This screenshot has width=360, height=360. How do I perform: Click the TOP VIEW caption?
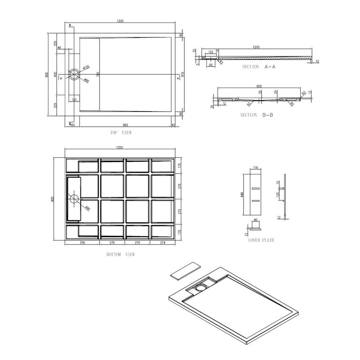point(120,132)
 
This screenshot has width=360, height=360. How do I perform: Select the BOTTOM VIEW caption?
point(120,254)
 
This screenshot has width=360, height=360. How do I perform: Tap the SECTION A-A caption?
point(258,67)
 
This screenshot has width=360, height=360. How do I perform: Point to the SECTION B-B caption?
point(256,115)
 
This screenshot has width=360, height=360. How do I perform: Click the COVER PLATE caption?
point(260,240)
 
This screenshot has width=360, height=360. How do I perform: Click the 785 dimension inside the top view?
point(98,74)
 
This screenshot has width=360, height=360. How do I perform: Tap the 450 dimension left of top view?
point(56,74)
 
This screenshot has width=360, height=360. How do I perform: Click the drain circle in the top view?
point(74,74)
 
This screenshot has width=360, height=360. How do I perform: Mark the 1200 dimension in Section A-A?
point(256,47)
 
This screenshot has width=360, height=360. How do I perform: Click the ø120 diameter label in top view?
point(86,67)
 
